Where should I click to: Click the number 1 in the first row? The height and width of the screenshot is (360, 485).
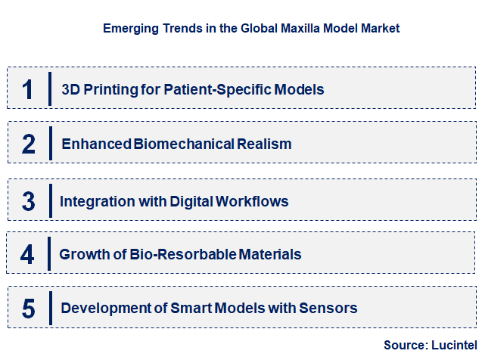tap(28, 89)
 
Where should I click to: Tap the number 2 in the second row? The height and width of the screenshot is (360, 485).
tap(29, 144)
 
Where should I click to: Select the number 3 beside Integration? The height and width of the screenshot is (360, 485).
tap(29, 201)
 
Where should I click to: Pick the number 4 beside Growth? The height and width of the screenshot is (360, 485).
tap(27, 254)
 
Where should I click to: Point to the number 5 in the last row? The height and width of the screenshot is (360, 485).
tap(29, 309)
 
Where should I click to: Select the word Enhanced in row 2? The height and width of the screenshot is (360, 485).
tap(96, 144)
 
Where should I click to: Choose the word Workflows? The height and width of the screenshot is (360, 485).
tap(252, 202)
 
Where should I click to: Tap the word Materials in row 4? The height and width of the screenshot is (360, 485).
tap(270, 255)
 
